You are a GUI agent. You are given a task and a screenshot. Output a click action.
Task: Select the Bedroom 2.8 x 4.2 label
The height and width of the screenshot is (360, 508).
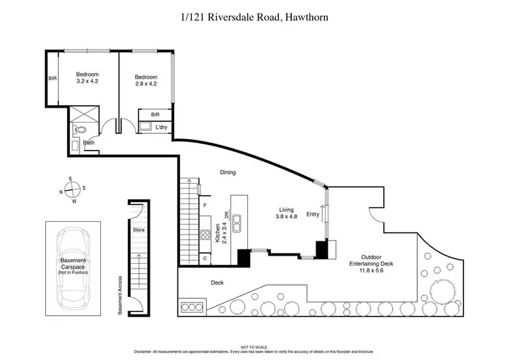[x=145, y=80]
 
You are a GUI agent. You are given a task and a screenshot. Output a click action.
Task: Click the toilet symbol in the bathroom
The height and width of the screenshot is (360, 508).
[x=80, y=128]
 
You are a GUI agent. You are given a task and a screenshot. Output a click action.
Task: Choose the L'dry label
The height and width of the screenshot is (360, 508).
[x=161, y=127]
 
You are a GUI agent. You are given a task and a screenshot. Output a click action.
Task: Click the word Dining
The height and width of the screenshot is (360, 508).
[x=228, y=172]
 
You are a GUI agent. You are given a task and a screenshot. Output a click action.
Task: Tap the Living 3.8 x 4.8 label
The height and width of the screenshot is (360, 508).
[x=287, y=213]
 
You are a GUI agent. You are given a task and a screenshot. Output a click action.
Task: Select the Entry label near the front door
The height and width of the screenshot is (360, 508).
[x=312, y=215]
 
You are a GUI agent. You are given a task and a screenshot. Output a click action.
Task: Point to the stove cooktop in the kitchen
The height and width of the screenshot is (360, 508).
[x=205, y=236]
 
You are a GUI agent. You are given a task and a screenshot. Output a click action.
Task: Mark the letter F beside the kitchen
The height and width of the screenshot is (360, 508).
[x=205, y=205]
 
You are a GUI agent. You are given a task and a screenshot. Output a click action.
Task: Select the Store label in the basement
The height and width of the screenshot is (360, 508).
[x=139, y=230]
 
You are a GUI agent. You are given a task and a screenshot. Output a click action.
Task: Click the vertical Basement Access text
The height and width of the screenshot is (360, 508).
[x=120, y=296]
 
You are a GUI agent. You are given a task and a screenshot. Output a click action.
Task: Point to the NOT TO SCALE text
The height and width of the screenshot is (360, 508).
[x=253, y=346]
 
